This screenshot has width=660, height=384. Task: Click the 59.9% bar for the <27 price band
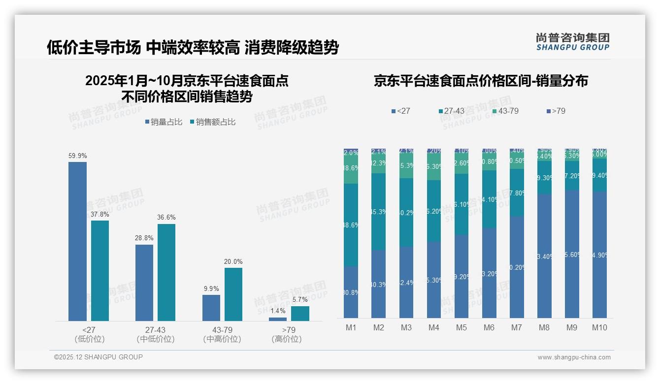pyautogui.click(x=77, y=241)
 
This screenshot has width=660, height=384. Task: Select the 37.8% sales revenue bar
pyautogui.click(x=100, y=271)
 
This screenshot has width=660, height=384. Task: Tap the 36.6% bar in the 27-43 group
pyautogui.click(x=166, y=272)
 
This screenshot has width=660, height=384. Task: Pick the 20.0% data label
pyautogui.click(x=233, y=261)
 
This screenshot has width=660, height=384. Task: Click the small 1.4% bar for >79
pyautogui.click(x=278, y=319)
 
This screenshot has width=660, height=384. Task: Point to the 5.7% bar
pyautogui.click(x=300, y=314)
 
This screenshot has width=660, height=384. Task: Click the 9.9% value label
pyautogui.click(x=211, y=288)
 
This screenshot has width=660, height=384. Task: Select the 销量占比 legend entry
pyautogui.click(x=165, y=122)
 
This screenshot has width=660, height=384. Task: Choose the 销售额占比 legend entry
pyautogui.click(x=212, y=122)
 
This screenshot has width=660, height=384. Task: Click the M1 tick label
pyautogui.click(x=351, y=327)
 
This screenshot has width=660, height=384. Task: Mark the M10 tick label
pyautogui.click(x=599, y=327)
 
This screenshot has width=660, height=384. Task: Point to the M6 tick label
pyautogui.click(x=489, y=327)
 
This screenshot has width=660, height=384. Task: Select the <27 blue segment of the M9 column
pyautogui.click(x=572, y=254)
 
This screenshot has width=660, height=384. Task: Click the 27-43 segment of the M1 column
pyautogui.click(x=351, y=225)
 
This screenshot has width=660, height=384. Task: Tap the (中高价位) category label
pyautogui.click(x=222, y=339)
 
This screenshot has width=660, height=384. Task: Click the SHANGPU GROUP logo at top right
pyautogui.click(x=572, y=42)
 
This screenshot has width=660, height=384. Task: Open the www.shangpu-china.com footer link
pyautogui.click(x=574, y=357)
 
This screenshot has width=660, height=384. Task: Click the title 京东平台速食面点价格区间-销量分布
pyautogui.click(x=481, y=81)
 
